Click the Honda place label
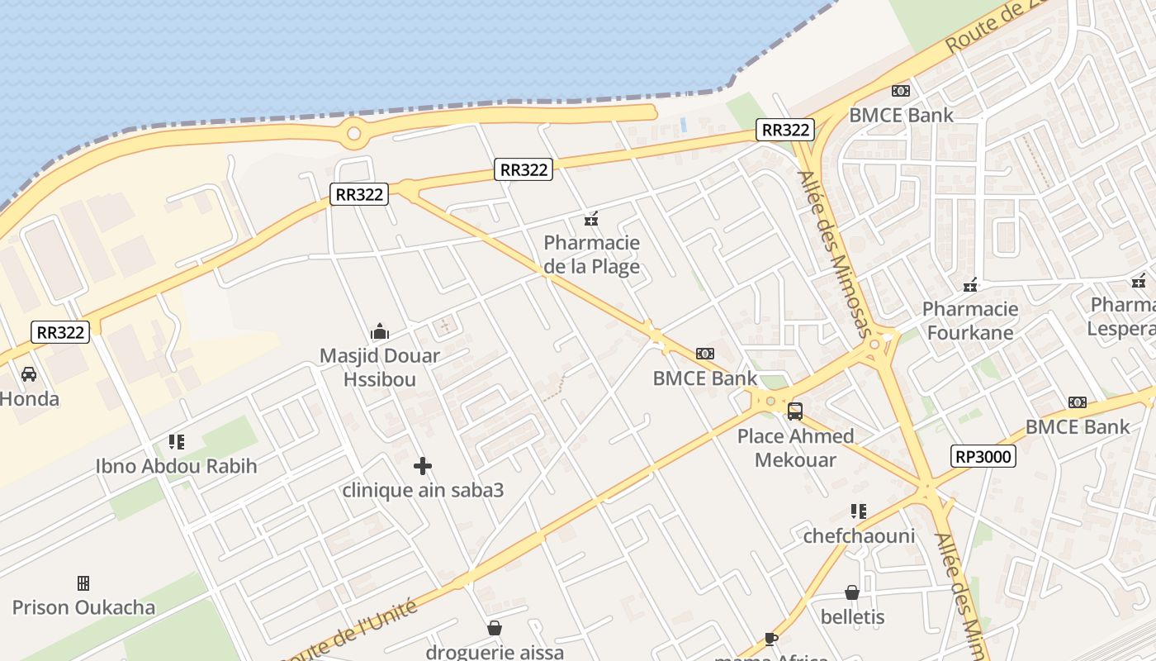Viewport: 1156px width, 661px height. pyautogui.click(x=30, y=399)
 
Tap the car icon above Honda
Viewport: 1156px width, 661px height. pyautogui.click(x=29, y=374)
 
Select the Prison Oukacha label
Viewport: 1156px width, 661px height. pyautogui.click(x=83, y=607)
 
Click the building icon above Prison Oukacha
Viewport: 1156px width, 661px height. pyautogui.click(x=83, y=583)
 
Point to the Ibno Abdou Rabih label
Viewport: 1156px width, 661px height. pyautogui.click(x=177, y=466)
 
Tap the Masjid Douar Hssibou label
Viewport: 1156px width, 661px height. pyautogui.click(x=380, y=368)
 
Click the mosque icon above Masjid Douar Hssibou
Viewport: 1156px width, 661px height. pyautogui.click(x=380, y=332)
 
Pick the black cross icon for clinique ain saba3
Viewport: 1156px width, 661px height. pyautogui.click(x=423, y=466)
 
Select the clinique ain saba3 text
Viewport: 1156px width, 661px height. pyautogui.click(x=423, y=490)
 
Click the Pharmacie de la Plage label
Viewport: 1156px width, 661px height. pyautogui.click(x=592, y=254)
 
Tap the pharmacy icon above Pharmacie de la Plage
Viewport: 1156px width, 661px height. pyautogui.click(x=591, y=219)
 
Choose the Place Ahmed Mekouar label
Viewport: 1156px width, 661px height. pyautogui.click(x=795, y=448)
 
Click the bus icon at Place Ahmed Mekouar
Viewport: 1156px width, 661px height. pyautogui.click(x=795, y=411)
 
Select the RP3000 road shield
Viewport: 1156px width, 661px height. pyautogui.click(x=983, y=456)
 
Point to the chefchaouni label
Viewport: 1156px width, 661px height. pyautogui.click(x=859, y=536)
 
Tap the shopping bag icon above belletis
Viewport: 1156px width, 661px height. pyautogui.click(x=852, y=592)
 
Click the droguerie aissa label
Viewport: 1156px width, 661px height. pyautogui.click(x=495, y=652)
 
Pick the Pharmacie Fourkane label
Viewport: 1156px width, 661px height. pyautogui.click(x=970, y=321)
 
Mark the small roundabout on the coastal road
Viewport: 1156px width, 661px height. pyautogui.click(x=354, y=132)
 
